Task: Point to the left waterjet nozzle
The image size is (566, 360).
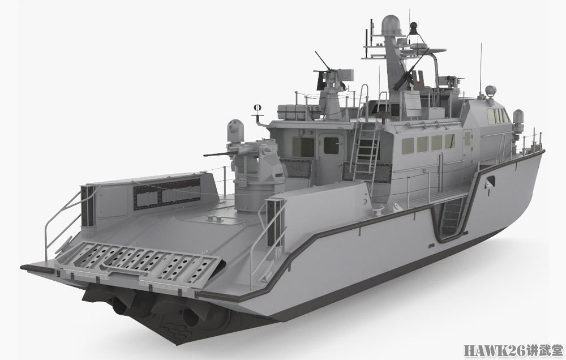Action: click(x=119, y=306)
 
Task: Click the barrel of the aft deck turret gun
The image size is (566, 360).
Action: click(x=221, y=154)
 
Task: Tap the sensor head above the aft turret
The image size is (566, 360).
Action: click(x=235, y=130)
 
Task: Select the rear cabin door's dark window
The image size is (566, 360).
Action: click(x=331, y=145)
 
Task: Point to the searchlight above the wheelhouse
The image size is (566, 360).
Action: click(x=491, y=90)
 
